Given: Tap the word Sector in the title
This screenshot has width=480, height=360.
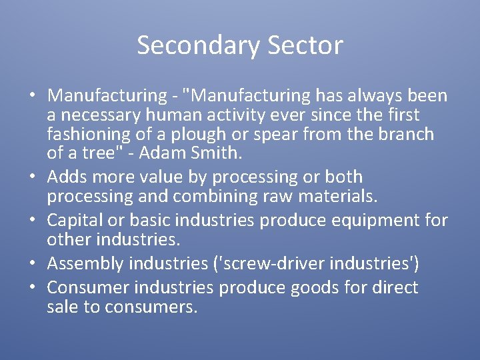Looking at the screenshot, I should pos(306,45).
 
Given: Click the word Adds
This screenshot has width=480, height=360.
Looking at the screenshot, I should pos(67,177).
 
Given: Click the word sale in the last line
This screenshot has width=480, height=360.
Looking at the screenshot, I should pos(62,307).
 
